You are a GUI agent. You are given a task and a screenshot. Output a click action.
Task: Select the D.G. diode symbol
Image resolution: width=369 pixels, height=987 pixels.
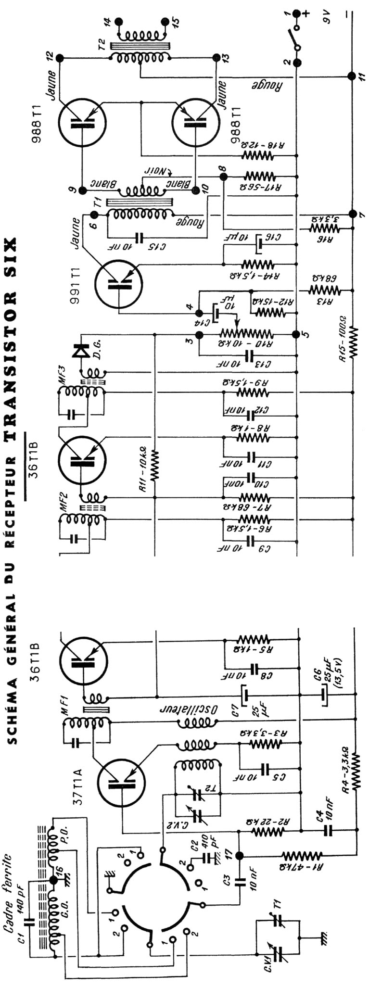[x=77, y=352]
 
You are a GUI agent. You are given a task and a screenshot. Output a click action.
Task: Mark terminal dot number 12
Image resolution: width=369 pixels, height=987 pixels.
[x=60, y=57]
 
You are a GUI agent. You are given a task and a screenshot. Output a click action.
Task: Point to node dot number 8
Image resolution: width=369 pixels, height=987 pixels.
[x=223, y=177]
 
